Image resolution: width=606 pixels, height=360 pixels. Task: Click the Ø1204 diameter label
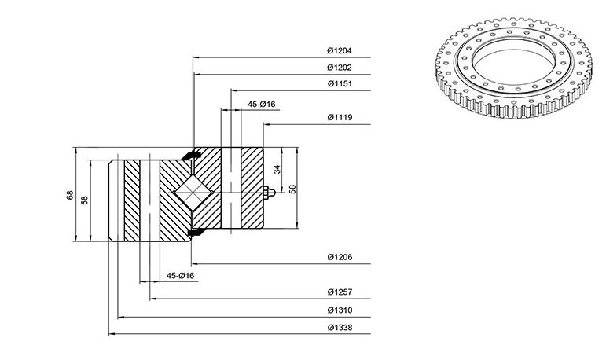coord(340,50)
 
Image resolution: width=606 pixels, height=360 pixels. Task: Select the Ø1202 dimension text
coord(340,68)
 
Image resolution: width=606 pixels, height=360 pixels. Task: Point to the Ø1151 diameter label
coord(340,83)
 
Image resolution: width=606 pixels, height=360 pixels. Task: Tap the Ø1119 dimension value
coord(340,117)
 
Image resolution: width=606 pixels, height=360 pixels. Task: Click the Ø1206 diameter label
coord(340,257)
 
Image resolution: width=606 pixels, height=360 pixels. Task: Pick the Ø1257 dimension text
coord(340,292)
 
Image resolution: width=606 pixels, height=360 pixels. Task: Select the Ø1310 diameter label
coord(340,310)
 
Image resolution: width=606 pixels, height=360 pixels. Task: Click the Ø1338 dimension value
coord(340,328)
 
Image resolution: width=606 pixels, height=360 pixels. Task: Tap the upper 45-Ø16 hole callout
coord(261,105)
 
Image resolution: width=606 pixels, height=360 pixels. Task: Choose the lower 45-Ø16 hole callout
coord(180,276)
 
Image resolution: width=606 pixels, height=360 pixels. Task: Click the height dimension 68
coord(70,195)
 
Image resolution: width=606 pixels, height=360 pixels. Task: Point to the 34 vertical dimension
coord(277,169)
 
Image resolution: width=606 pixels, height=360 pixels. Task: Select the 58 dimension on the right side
coord(292,189)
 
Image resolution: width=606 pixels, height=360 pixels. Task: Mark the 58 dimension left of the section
coord(85,200)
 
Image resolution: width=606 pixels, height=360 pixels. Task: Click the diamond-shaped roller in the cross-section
coord(193,192)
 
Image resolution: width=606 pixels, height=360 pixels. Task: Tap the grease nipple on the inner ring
coord(269,192)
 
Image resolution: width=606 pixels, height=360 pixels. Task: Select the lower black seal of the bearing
coord(196,232)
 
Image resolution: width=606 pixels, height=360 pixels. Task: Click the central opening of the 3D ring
coord(514,63)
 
